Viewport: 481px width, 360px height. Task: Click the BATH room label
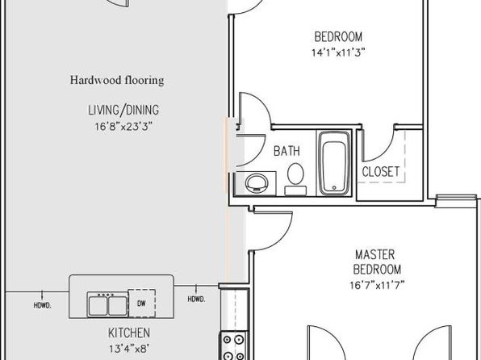(287, 151)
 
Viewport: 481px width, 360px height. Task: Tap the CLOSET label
(381, 172)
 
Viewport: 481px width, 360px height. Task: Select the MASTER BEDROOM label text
(377, 262)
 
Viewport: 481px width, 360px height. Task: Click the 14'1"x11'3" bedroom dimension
(338, 52)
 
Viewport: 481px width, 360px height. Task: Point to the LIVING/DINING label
(123, 110)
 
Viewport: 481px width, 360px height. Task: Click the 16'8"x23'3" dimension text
(123, 126)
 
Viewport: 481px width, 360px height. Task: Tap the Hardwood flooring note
(117, 80)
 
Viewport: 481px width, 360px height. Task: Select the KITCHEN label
(129, 333)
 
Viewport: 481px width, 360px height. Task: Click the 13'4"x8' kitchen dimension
(129, 349)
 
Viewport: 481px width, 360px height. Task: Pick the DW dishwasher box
(142, 303)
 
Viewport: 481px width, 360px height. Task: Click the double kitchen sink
(107, 304)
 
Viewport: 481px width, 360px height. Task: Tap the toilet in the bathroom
(295, 178)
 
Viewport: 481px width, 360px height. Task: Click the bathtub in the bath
(334, 163)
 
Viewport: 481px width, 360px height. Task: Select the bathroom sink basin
(257, 183)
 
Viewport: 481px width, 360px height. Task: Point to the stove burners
(234, 347)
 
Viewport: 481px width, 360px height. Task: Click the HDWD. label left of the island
(42, 306)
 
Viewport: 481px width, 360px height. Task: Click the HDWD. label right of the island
(196, 299)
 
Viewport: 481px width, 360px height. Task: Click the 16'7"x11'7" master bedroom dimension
(377, 285)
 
